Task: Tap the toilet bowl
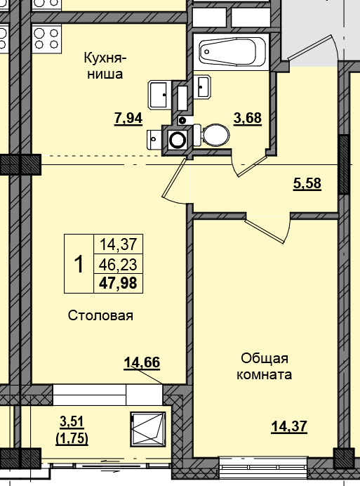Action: [214, 135]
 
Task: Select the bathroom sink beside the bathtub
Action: [204, 87]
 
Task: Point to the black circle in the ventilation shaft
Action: [178, 139]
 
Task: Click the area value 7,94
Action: [128, 118]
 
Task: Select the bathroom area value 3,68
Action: [248, 118]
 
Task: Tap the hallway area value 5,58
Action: [307, 184]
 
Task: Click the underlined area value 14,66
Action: [142, 362]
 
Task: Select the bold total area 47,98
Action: [118, 283]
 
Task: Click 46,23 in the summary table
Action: [118, 264]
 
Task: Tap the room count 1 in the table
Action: [79, 264]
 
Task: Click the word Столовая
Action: [100, 315]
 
